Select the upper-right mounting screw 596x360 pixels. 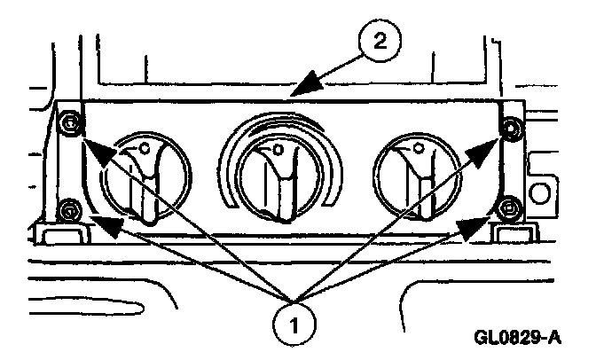click(508, 130)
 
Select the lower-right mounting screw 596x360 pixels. click(507, 209)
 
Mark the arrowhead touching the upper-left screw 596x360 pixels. click(96, 153)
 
